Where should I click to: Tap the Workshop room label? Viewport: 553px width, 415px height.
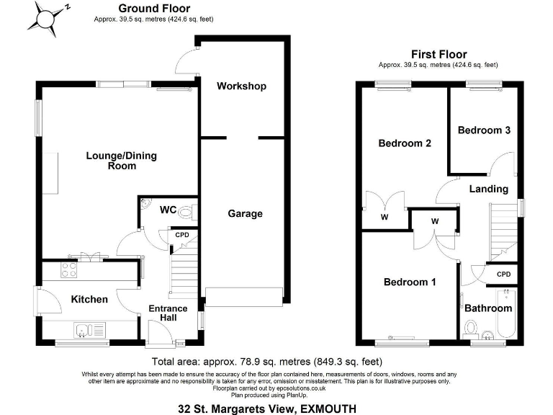[x=241, y=86]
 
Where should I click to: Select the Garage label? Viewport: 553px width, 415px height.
[x=245, y=213]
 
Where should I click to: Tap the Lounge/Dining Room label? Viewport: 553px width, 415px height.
[x=121, y=160]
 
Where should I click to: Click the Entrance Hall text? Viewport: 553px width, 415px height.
[x=168, y=314]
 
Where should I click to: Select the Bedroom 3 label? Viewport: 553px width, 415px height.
[x=484, y=130]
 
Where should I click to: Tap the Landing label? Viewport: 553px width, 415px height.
[x=488, y=189]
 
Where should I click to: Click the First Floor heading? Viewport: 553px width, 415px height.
[x=439, y=54]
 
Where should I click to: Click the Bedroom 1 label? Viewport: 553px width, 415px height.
[x=409, y=282]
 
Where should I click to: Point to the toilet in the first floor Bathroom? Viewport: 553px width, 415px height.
[x=472, y=329]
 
